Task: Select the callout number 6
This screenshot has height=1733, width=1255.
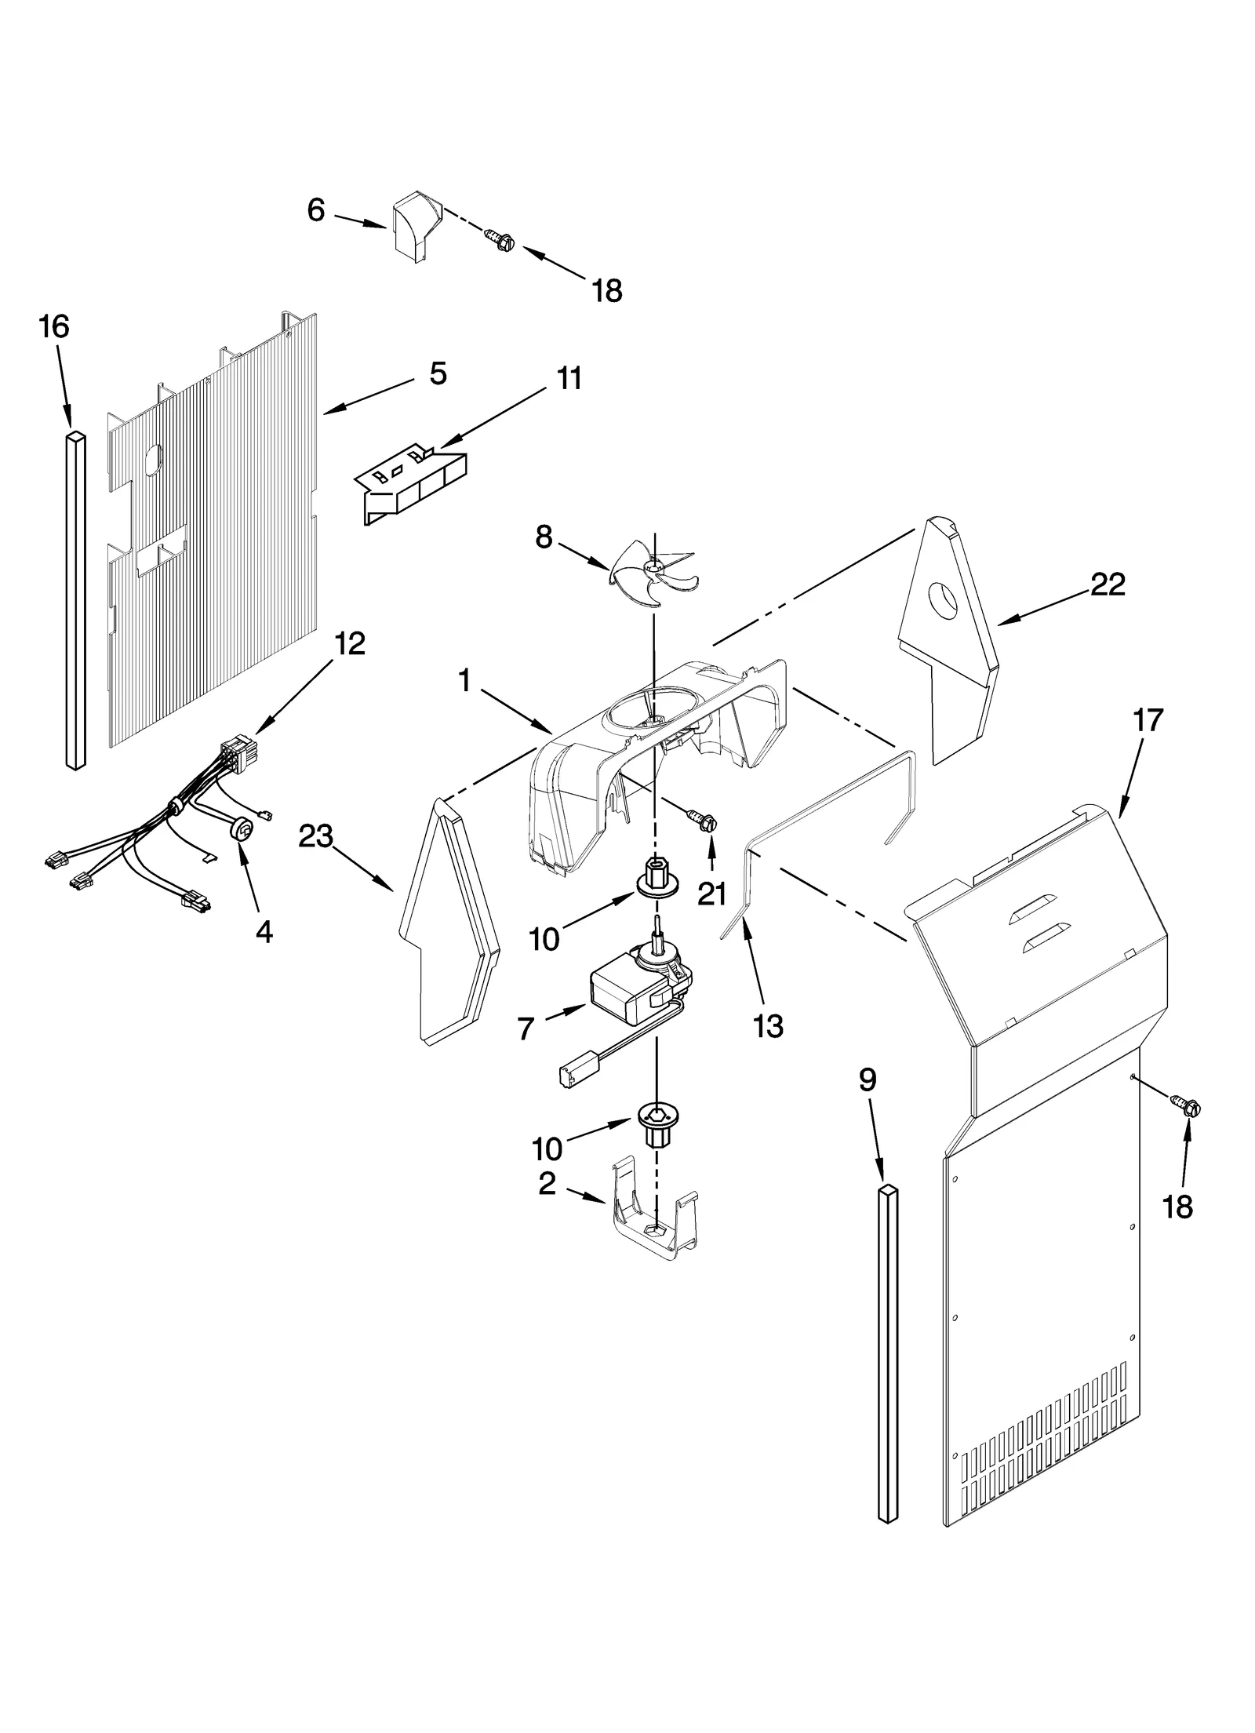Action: point(315,210)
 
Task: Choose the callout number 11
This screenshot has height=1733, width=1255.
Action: point(569,378)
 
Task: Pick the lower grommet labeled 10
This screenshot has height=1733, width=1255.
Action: point(657,1122)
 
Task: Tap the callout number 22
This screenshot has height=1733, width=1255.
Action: point(1108,584)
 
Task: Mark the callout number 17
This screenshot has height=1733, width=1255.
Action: point(1148,719)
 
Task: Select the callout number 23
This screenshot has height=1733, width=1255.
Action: point(315,836)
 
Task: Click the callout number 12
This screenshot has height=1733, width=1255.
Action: point(350,644)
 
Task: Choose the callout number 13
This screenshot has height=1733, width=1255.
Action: point(768,1025)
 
